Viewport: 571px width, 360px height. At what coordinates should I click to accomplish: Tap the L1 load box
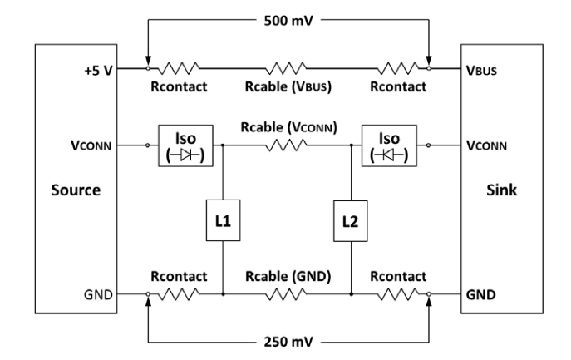point(223,222)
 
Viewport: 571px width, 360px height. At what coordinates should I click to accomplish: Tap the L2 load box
point(352,222)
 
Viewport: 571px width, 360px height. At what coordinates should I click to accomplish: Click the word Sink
point(496,190)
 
